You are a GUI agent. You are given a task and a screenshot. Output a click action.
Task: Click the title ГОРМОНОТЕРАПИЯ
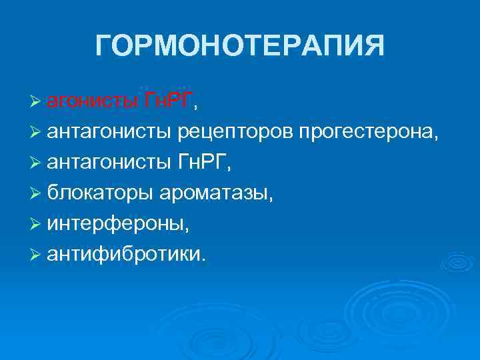coord(240,47)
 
